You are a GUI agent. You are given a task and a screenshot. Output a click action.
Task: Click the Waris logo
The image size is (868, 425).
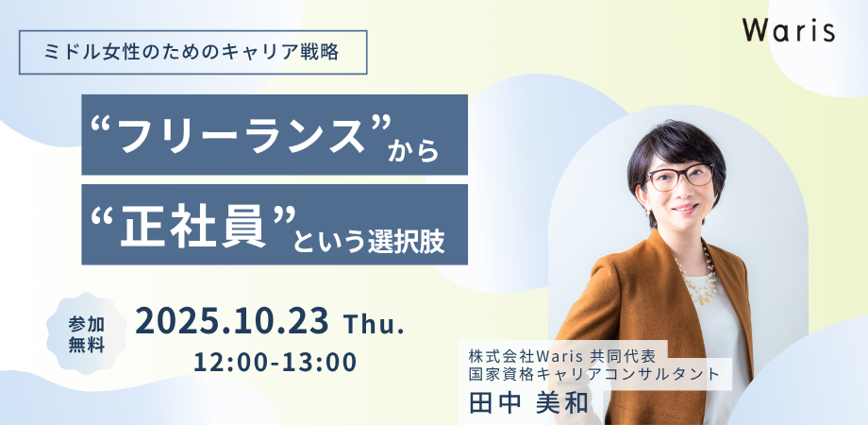(790, 31)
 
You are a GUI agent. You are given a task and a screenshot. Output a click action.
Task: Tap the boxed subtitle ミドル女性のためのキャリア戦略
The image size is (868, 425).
(193, 52)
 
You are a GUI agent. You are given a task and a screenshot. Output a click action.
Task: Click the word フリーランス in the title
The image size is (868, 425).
(242, 136)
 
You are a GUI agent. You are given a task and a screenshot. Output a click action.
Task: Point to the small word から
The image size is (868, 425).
(413, 151)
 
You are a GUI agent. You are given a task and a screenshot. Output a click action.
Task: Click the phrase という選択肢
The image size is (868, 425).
(369, 241)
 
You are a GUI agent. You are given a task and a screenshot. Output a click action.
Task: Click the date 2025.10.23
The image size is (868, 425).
(232, 321)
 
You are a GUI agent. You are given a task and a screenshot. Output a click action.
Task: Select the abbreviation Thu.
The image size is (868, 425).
(374, 325)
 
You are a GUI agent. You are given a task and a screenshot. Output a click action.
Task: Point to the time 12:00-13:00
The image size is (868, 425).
(275, 363)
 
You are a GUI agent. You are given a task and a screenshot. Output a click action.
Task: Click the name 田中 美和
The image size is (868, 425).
(528, 403)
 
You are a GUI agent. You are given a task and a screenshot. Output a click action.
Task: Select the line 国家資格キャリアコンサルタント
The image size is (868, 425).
(594, 373)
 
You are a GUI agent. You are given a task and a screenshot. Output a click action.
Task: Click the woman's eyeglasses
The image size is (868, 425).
(678, 178)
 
